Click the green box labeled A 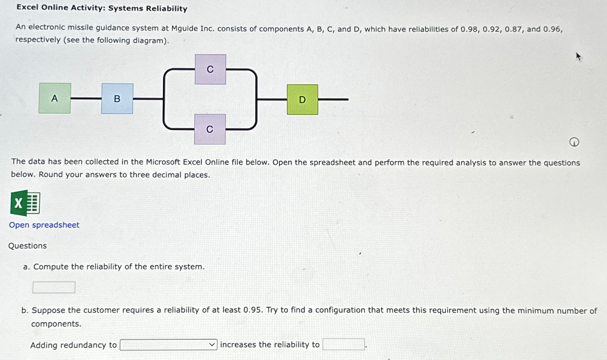(55, 98)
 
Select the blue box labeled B (117, 99)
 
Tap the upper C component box (210, 70)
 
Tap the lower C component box (210, 129)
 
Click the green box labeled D (302, 100)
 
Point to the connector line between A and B (86, 98)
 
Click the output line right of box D (333, 100)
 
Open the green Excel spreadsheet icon (25, 203)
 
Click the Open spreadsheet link (44, 225)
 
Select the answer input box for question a (54, 287)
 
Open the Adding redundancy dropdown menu (169, 345)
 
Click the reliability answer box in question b (343, 344)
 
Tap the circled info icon (574, 142)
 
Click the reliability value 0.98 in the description (469, 29)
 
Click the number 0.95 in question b (252, 310)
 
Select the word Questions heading (28, 246)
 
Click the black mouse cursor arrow (578, 56)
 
